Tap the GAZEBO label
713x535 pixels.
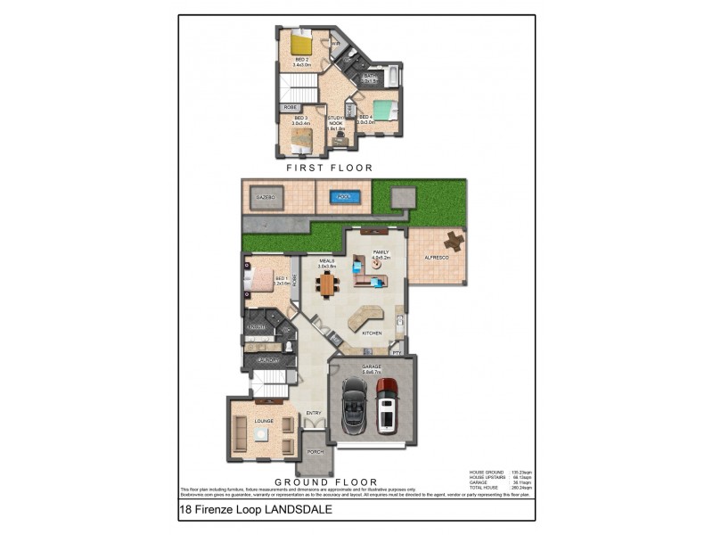click(265, 196)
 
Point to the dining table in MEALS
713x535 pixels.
click(328, 284)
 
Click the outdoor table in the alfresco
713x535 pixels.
click(455, 240)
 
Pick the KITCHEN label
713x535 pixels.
click(373, 333)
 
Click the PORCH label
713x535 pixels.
click(316, 452)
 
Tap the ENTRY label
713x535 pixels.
click(314, 412)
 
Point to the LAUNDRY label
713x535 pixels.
click(265, 359)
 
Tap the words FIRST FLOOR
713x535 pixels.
click(329, 168)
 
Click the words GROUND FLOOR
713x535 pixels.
click(326, 481)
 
